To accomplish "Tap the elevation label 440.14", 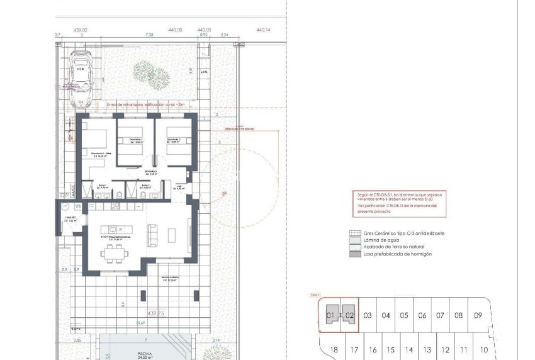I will coord(263,30).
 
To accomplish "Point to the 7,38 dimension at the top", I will coord(149,36).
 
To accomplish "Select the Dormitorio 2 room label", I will coord(132,140).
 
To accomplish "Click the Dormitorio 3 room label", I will coord(174,140).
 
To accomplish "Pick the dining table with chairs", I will coord(114,253).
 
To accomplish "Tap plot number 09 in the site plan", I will coord(478,315).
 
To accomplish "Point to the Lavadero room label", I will coord(70,219).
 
